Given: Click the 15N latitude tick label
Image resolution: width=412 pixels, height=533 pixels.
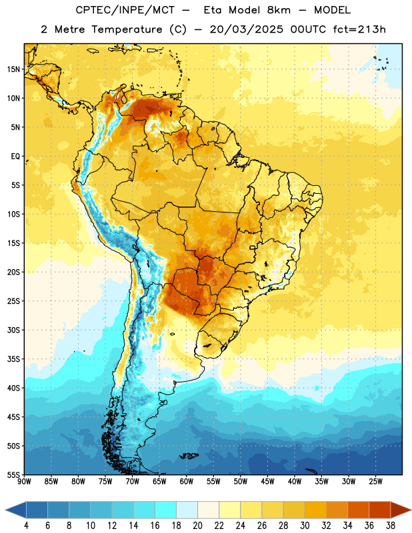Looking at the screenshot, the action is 13,69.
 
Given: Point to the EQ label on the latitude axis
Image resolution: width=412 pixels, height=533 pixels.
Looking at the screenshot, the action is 15,157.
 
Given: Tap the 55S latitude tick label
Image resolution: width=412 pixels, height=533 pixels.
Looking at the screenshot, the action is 13,474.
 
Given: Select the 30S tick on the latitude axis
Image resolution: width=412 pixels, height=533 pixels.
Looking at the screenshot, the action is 13,330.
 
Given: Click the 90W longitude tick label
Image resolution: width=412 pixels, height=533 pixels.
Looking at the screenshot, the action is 25,481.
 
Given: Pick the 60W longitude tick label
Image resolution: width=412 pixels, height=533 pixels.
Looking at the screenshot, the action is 187,481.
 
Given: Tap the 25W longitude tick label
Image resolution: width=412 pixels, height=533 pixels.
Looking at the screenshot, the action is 375,481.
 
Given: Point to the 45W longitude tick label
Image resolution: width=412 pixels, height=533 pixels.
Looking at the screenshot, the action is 267,481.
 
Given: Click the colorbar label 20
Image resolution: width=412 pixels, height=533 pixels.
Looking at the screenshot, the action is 197,526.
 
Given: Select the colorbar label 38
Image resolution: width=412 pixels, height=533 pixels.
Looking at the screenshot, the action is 391,526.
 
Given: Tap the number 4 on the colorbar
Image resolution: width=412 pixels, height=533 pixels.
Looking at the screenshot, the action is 26,526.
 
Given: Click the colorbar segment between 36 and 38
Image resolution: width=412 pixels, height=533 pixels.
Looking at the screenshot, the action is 380,510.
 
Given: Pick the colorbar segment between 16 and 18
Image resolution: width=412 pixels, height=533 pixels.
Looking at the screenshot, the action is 165,510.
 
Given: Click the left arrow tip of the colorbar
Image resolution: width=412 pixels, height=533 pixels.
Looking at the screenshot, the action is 5,510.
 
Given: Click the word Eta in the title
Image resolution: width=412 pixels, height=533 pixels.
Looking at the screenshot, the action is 212,10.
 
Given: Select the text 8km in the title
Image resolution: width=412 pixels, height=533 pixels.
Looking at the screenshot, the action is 279,10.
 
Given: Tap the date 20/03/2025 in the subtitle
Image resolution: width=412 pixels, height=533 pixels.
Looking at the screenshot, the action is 246,29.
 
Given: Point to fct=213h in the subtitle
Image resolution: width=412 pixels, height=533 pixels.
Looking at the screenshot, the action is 359,29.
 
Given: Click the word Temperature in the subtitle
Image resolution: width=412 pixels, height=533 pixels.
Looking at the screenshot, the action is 127,30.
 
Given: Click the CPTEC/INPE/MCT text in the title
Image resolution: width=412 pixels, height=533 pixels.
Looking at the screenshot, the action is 125,10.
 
